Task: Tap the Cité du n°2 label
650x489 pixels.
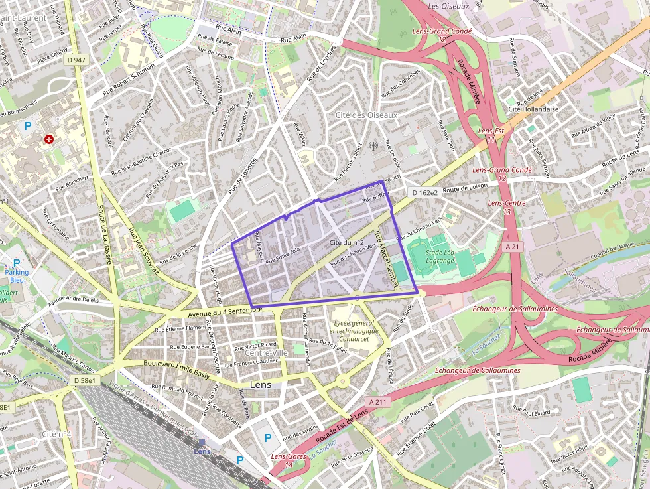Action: [x=347, y=243]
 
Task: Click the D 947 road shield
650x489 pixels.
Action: [x=77, y=60]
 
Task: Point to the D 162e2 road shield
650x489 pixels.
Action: [x=424, y=193]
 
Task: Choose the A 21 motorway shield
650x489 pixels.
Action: [x=511, y=246]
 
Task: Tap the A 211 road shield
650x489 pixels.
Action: [x=376, y=402]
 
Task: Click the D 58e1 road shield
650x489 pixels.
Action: [x=85, y=380]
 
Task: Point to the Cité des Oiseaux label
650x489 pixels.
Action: [x=366, y=115]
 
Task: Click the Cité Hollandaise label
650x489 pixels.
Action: [x=533, y=109]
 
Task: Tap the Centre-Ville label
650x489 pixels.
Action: [x=266, y=352]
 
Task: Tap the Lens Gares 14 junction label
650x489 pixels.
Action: [x=289, y=460]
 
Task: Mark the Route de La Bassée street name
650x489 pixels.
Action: [x=105, y=226]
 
